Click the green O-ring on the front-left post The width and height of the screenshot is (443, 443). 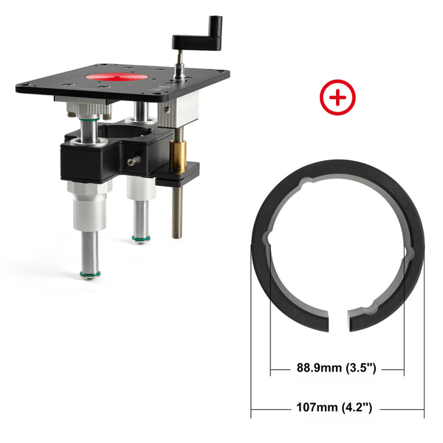tap(89, 275)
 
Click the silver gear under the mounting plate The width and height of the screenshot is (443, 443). tap(92, 111)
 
